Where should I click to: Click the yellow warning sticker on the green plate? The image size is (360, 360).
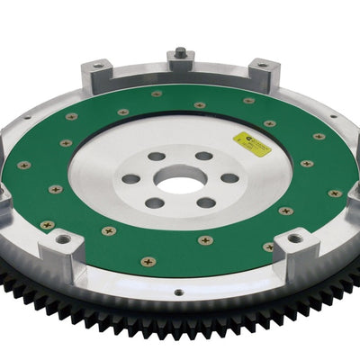[x=250, y=139]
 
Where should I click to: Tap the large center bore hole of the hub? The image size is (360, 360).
[x=180, y=184]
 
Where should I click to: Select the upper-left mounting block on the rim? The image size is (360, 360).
[x=97, y=73]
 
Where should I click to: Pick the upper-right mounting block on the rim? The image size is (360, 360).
[x=263, y=71]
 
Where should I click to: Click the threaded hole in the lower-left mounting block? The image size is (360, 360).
[x=64, y=238]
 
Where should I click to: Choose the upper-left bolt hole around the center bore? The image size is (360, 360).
[x=157, y=157]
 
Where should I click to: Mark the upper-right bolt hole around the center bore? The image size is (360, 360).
[x=203, y=156]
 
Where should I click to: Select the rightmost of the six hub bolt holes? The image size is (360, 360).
[x=229, y=178]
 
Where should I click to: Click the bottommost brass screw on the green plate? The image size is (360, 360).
[x=148, y=262]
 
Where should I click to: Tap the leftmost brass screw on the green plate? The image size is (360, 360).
[x=23, y=166]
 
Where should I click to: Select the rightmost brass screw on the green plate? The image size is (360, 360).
[x=335, y=193]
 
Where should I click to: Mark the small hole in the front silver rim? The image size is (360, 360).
[x=177, y=292]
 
